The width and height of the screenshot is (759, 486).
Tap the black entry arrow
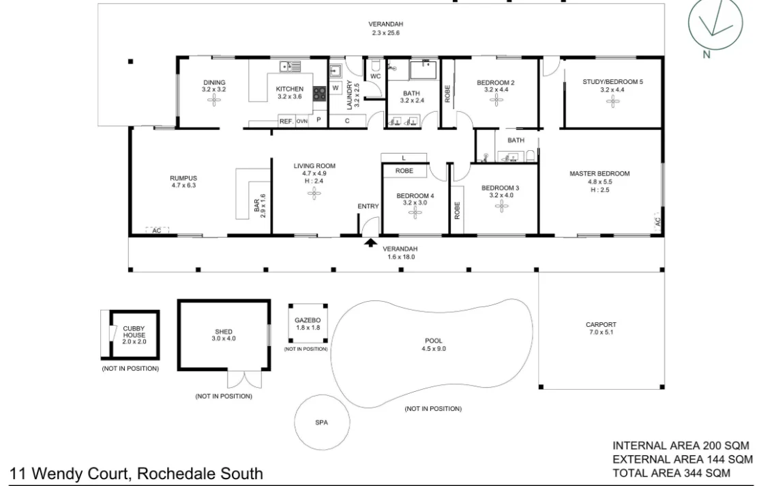click(370, 242)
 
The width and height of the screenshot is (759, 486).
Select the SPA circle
click(322, 423)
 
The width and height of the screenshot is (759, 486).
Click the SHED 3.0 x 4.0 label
click(224, 335)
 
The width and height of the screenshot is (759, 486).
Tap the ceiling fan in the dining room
click(213, 100)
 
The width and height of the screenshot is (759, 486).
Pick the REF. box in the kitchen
click(286, 121)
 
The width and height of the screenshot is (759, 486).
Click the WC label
click(375, 76)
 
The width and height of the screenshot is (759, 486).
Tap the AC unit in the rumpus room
click(156, 231)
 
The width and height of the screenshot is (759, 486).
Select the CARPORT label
click(601, 328)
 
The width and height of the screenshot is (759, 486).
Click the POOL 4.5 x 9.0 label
click(432, 345)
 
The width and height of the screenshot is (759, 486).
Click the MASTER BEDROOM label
click(599, 178)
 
